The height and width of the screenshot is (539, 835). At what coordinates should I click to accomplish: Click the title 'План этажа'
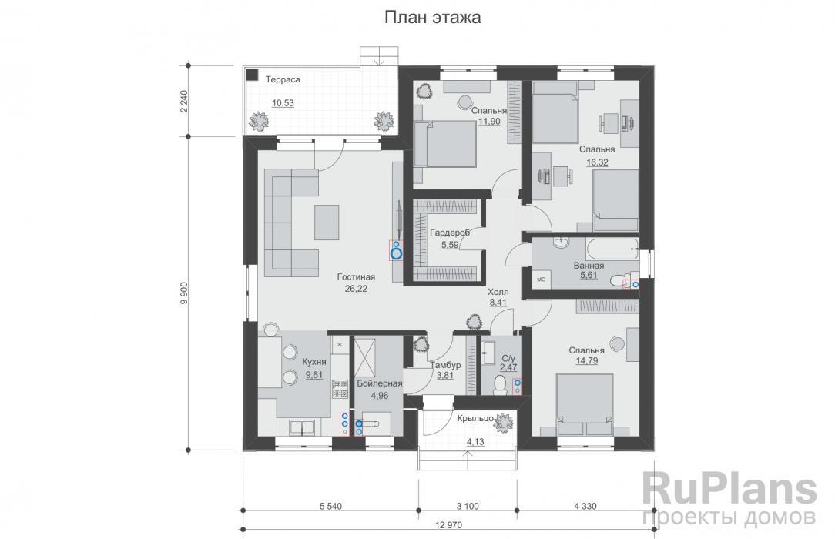[432, 17]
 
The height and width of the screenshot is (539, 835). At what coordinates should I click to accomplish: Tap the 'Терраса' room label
[283, 79]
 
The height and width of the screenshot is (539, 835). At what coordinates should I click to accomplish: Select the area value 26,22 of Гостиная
[356, 289]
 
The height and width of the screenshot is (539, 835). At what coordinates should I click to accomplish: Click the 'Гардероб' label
[449, 233]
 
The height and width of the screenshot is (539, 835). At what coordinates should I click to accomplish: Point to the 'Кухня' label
[314, 362]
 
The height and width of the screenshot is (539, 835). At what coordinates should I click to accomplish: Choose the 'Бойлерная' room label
[379, 383]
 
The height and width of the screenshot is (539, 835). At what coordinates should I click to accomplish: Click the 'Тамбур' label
[445, 365]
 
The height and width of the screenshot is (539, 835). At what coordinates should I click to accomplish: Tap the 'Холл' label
[498, 292]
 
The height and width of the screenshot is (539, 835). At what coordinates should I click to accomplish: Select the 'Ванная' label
[589, 266]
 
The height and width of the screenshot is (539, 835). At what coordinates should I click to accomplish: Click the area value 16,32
[597, 162]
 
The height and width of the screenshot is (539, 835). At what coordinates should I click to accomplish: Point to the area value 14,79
[586, 361]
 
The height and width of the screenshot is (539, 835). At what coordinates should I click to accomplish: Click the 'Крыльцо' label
[475, 418]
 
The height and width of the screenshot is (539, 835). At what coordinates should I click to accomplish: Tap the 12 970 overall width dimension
[449, 525]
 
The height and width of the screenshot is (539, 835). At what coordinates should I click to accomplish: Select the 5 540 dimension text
[330, 506]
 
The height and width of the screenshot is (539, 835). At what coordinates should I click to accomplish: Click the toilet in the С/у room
[499, 385]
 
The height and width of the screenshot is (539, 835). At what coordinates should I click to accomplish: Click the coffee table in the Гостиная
[326, 223]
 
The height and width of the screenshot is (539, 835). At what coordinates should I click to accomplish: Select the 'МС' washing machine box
[541, 279]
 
